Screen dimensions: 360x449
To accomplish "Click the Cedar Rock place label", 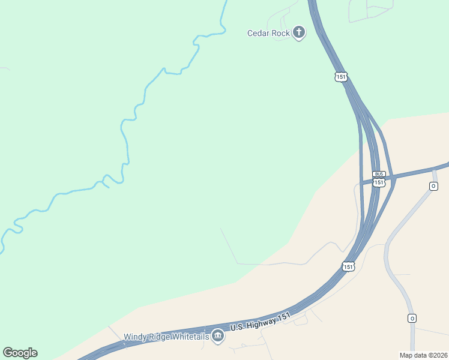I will pyautogui.click(x=268, y=33).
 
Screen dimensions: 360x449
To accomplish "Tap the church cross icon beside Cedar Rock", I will pyautogui.click(x=299, y=32).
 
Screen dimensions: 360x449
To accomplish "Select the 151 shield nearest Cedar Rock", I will pyautogui.click(x=341, y=76).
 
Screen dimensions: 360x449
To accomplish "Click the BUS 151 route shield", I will pyautogui.click(x=378, y=178).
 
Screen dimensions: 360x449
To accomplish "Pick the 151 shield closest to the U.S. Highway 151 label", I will pyautogui.click(x=348, y=266).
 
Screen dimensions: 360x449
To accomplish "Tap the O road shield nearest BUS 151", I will pyautogui.click(x=433, y=186).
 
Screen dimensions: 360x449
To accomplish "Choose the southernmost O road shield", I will pyautogui.click(x=412, y=318).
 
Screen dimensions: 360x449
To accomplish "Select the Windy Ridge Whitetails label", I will pyautogui.click(x=166, y=337).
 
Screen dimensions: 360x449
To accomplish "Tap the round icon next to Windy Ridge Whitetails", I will pyautogui.click(x=218, y=337).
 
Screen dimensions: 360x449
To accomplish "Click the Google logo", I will pyautogui.click(x=20, y=353).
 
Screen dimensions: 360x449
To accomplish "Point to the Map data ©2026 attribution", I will pyautogui.click(x=423, y=355).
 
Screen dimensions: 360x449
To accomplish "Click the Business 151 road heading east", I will pyautogui.click(x=420, y=171).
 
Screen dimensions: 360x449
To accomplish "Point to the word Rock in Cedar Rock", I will pyautogui.click(x=281, y=33).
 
